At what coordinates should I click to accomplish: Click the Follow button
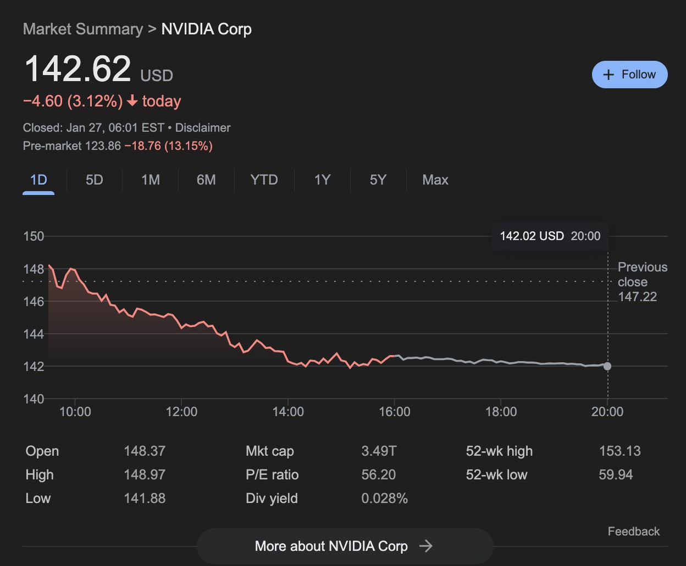click(x=629, y=75)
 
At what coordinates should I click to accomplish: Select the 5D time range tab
click(x=95, y=180)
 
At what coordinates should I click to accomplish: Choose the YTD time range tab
click(x=264, y=180)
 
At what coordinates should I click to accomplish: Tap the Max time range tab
click(x=435, y=180)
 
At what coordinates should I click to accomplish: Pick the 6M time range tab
click(x=206, y=180)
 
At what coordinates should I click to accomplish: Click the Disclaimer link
click(x=203, y=128)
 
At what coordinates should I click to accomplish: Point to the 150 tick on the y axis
click(x=34, y=237)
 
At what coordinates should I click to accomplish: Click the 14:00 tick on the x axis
click(x=288, y=412)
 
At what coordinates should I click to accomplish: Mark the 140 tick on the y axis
click(x=34, y=399)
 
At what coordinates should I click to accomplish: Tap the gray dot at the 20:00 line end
click(x=607, y=366)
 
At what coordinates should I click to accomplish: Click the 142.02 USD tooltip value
click(x=532, y=237)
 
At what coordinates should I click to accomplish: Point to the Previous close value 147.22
click(x=637, y=297)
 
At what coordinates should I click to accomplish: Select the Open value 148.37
click(x=145, y=451)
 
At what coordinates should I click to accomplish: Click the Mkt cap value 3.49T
click(x=379, y=451)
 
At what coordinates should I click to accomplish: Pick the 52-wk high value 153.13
click(x=619, y=451)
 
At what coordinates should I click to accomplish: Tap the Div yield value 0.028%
click(x=384, y=498)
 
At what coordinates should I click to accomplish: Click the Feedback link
click(x=633, y=531)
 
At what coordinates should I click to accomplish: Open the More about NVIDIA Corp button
click(x=345, y=546)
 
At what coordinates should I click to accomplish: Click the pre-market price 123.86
click(x=103, y=146)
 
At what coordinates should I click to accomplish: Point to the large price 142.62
click(x=78, y=69)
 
